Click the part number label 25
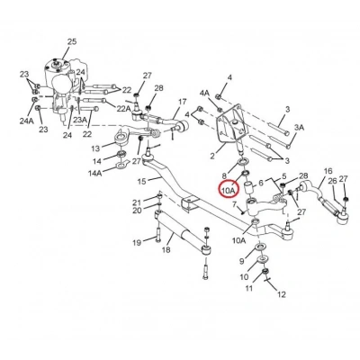[x=72, y=41]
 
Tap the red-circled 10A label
[x=229, y=190]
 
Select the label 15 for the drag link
[x=142, y=182]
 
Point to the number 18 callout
[x=166, y=249]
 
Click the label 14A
[x=94, y=173]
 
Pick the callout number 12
[x=282, y=294]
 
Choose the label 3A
[x=299, y=128]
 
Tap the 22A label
[x=124, y=109]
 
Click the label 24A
[x=27, y=121]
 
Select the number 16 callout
[x=328, y=171]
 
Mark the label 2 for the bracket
[x=212, y=156]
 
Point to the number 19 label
[x=137, y=242]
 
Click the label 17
[x=182, y=102]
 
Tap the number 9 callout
[x=242, y=261]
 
